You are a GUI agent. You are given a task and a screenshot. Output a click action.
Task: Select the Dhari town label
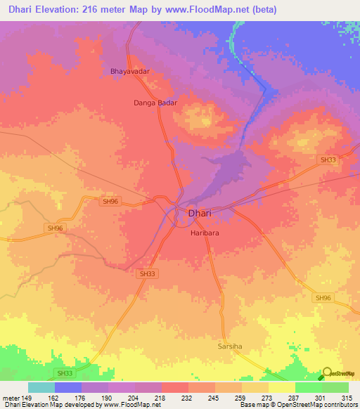click(x=200, y=213)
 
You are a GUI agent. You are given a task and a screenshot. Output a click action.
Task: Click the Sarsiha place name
click(x=229, y=346)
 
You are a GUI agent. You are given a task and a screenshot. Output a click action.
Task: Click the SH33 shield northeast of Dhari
click(x=328, y=160)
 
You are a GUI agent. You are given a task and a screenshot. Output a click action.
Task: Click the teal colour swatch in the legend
click(x=41, y=387)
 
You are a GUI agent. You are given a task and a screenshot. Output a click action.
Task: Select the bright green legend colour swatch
click(x=308, y=387)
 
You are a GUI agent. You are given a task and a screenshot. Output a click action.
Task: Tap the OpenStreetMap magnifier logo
click(x=327, y=373)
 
